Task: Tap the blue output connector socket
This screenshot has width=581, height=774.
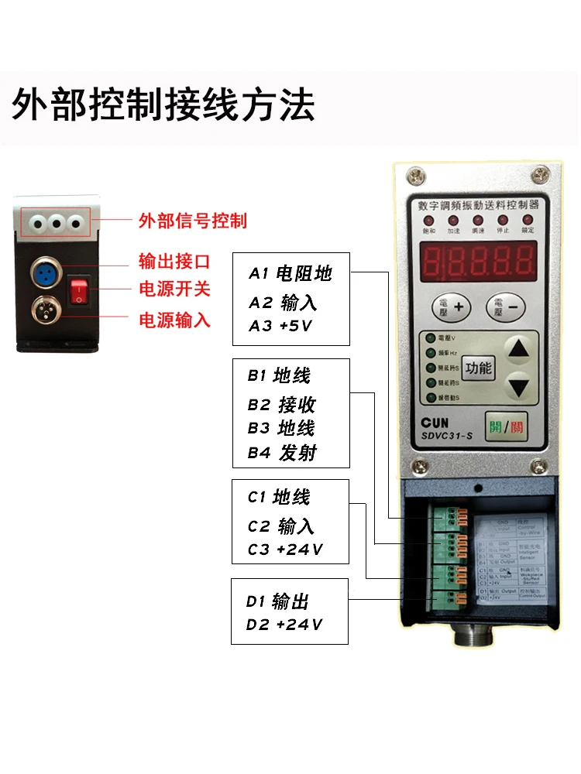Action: click(43, 272)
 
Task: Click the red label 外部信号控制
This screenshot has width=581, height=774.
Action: click(192, 221)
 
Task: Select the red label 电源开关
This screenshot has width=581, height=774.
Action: click(174, 289)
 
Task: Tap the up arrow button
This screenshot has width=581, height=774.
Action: click(520, 351)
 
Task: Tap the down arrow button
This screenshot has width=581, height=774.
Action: click(520, 386)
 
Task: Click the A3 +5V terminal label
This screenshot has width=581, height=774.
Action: click(280, 326)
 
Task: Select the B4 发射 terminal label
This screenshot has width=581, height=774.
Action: click(282, 453)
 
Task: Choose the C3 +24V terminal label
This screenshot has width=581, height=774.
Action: click(285, 550)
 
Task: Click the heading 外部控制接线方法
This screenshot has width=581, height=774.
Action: click(163, 104)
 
